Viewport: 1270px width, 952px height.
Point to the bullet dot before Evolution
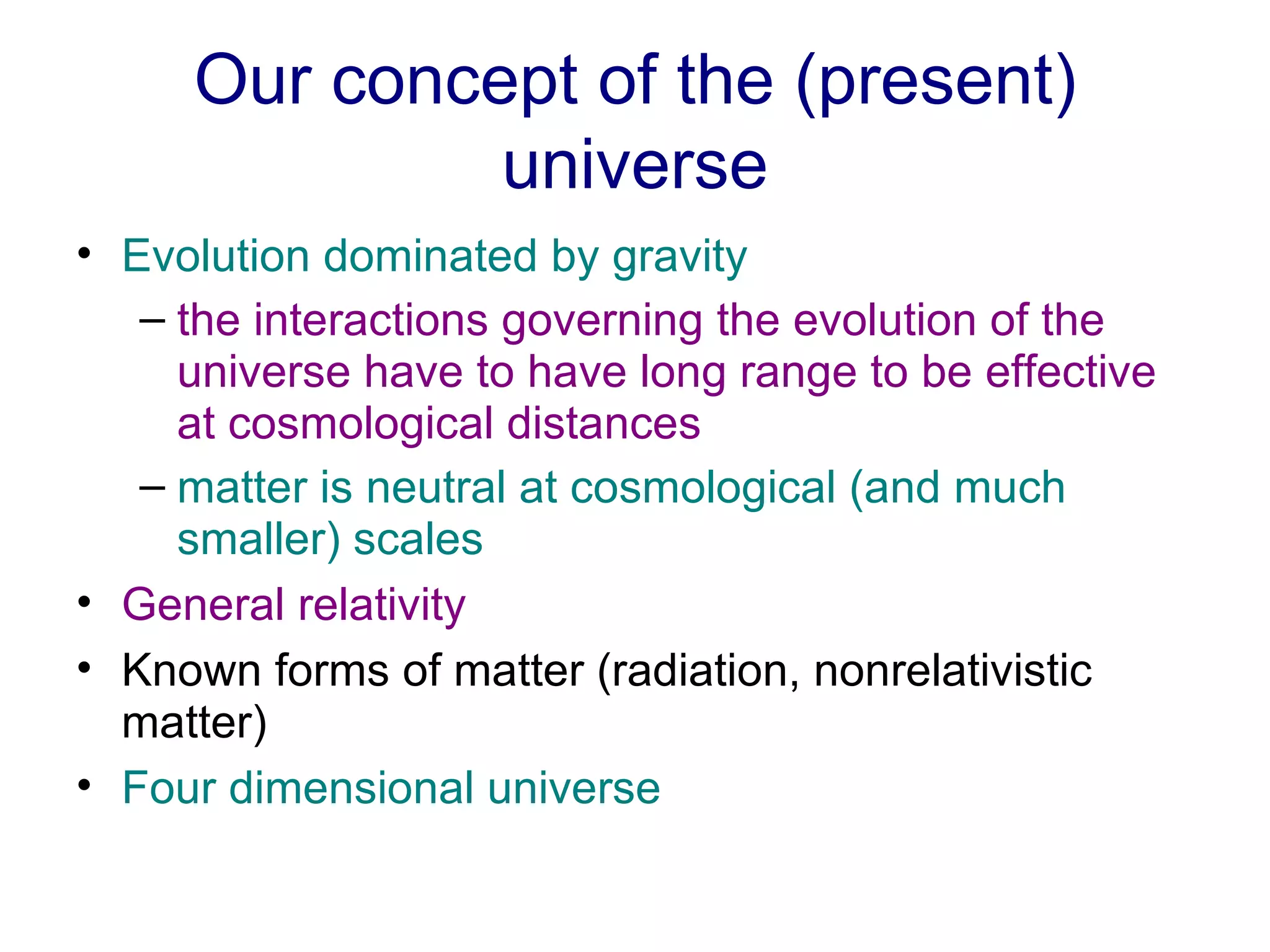coord(84,253)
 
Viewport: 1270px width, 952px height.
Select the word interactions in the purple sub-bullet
coord(371,321)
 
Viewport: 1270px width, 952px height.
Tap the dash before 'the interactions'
coord(153,320)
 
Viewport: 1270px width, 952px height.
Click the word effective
coord(1070,372)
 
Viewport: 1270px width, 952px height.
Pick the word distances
coord(603,425)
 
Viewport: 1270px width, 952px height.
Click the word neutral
coord(435,488)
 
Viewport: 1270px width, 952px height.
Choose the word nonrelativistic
coord(952,671)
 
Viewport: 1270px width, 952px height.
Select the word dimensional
coord(351,788)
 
